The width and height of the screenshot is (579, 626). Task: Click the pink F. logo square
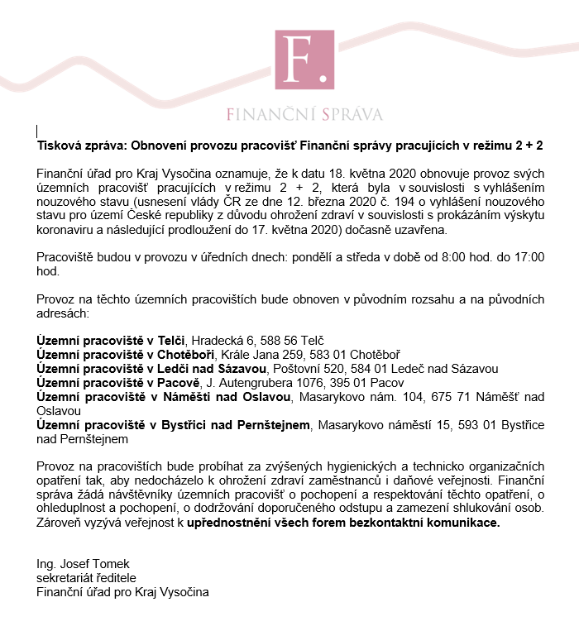(x=305, y=60)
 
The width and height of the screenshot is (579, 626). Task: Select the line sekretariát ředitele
(x=86, y=577)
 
